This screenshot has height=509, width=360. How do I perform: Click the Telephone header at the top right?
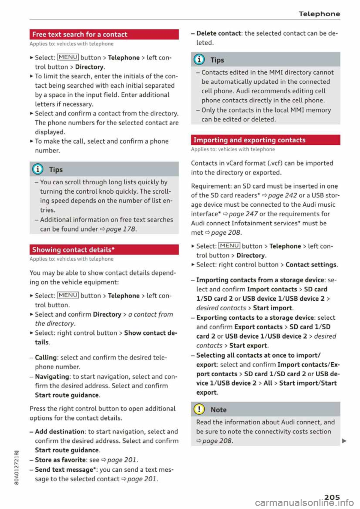click(x=319, y=14)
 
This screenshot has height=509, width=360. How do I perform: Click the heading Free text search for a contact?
click(x=80, y=34)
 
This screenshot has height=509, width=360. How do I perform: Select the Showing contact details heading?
click(x=73, y=250)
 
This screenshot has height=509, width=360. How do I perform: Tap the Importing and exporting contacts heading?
click(x=249, y=140)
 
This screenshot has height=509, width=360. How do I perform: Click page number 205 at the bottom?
click(x=332, y=497)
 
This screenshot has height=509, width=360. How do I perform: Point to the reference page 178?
click(x=121, y=229)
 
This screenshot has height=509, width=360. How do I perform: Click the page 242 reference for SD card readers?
click(x=282, y=195)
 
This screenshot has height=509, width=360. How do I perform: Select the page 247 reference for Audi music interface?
click(x=243, y=214)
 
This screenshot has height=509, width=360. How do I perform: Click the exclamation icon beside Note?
click(x=199, y=410)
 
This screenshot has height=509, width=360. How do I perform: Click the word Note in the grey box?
click(x=219, y=410)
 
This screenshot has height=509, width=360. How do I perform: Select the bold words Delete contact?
click(x=219, y=33)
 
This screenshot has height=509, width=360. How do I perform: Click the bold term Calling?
click(x=46, y=358)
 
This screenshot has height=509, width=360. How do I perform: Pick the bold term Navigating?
click(x=52, y=377)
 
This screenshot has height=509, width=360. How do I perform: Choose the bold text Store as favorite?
click(x=60, y=460)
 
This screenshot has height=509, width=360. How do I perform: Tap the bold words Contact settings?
click(x=311, y=265)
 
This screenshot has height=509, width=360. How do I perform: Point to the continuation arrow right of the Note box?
click(x=344, y=441)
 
